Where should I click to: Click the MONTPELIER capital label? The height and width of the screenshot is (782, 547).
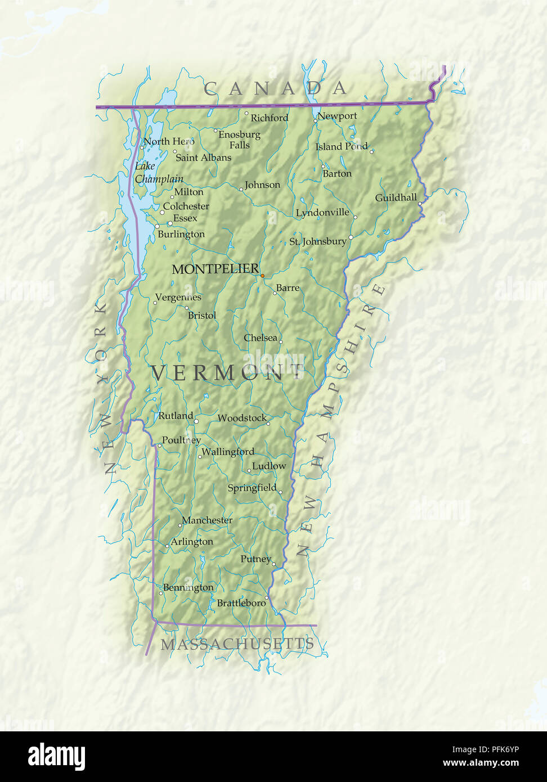(215, 269)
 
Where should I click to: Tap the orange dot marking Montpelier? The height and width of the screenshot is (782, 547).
(262, 276)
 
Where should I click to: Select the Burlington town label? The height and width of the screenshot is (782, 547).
(181, 234)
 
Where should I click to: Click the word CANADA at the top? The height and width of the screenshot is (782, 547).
(275, 88)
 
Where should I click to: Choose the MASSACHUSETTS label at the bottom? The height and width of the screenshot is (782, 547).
(237, 644)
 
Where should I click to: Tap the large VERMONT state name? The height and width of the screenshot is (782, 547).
(228, 373)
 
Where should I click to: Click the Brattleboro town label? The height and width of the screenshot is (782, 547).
(241, 603)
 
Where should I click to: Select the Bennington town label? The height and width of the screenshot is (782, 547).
(188, 587)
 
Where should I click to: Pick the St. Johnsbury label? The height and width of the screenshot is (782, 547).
(317, 241)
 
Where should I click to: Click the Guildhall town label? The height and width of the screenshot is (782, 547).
(396, 197)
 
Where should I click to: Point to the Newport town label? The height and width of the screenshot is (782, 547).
(337, 116)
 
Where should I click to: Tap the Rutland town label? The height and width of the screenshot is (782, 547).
(175, 416)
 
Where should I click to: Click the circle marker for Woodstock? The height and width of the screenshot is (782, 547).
(268, 423)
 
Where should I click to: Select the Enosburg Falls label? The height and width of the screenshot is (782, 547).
(239, 140)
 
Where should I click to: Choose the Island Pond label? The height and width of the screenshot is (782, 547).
(341, 146)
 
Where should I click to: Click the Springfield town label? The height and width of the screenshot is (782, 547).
(252, 488)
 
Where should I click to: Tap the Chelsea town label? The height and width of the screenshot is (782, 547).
(260, 338)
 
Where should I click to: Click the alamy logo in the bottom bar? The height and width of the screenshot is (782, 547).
(56, 757)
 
